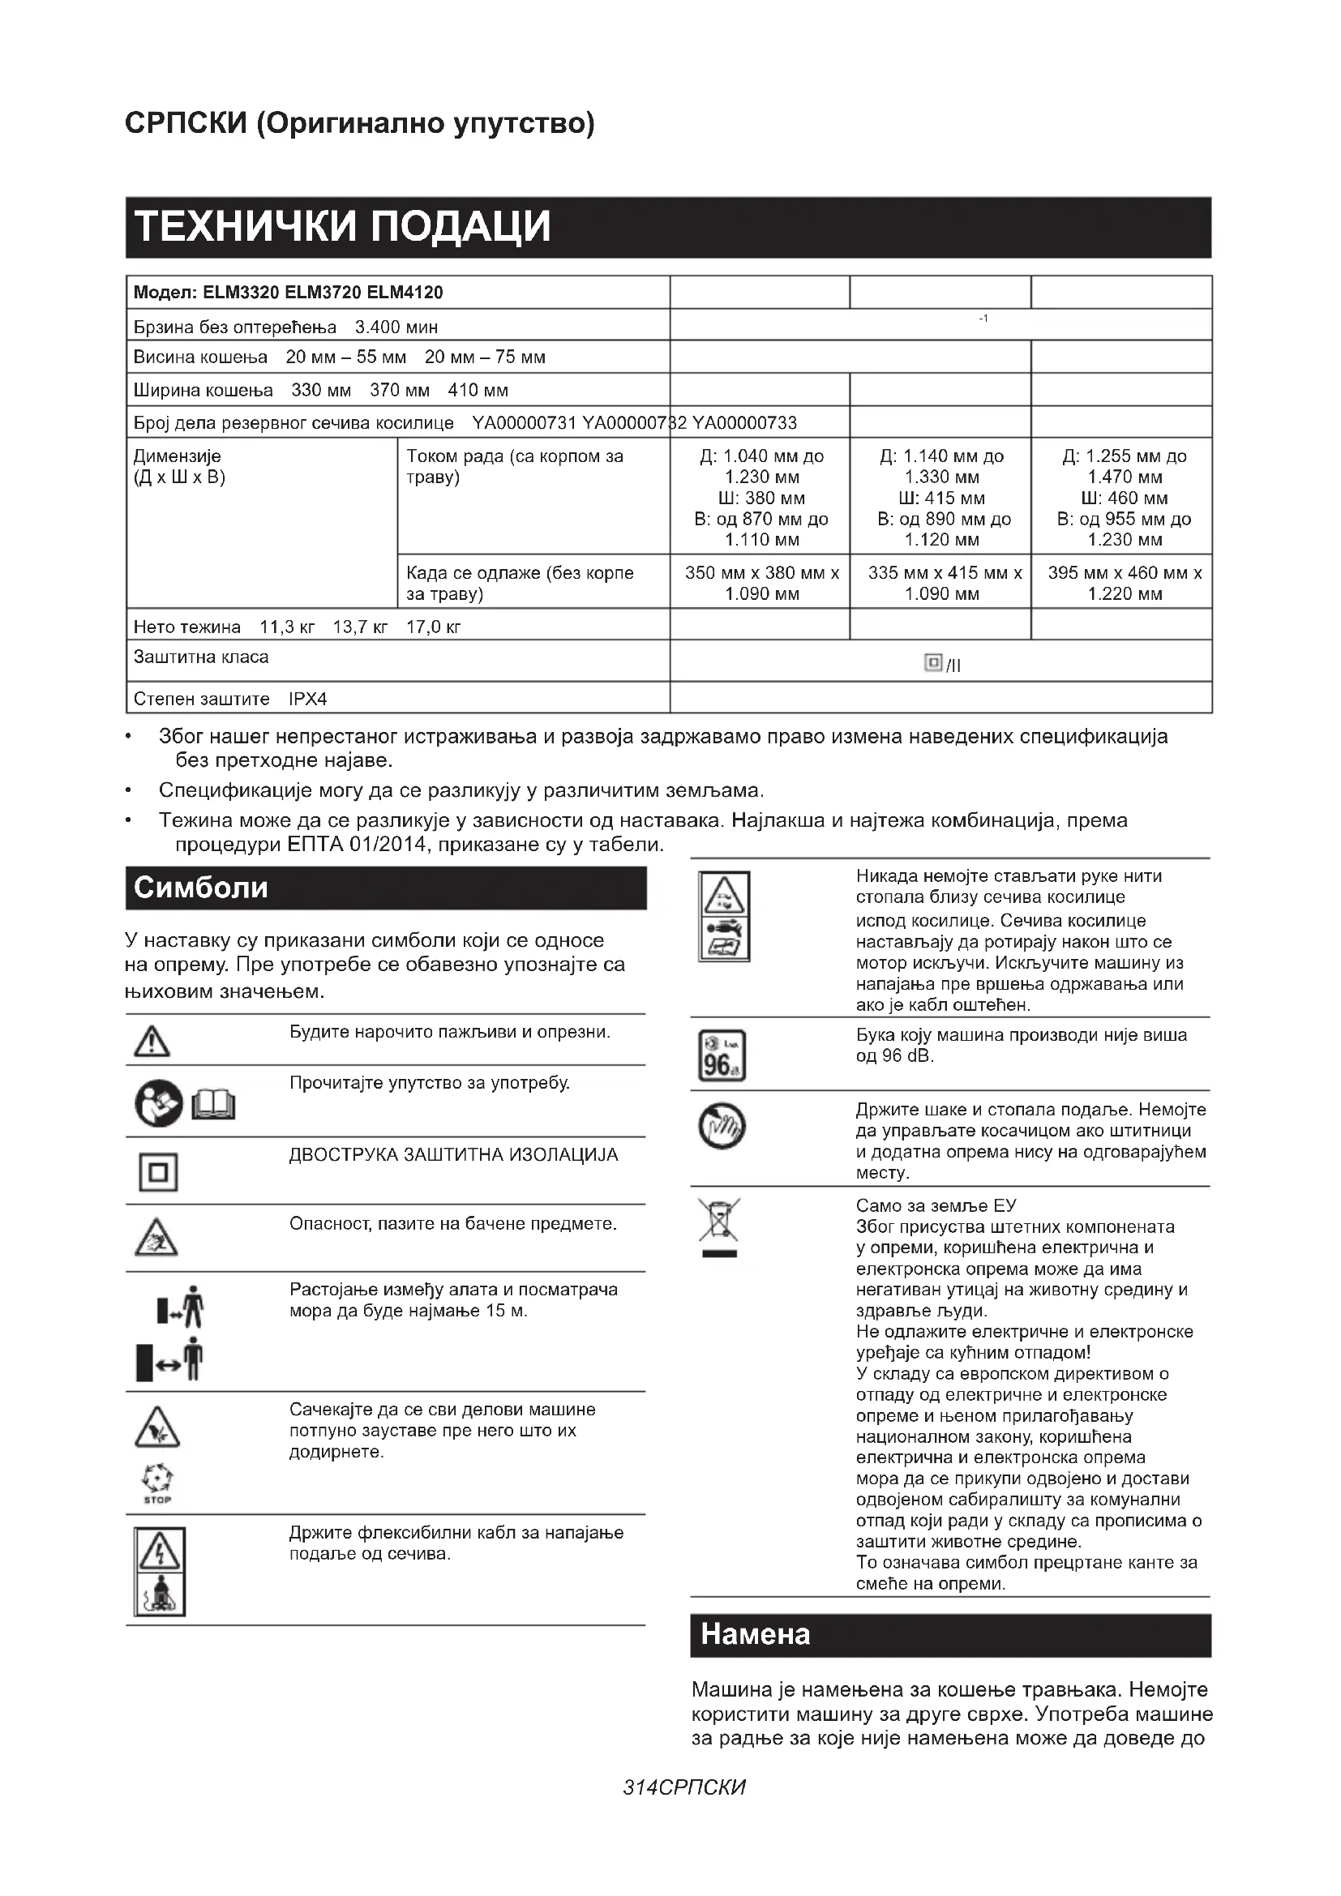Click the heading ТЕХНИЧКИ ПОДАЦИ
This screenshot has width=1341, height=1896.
(342, 226)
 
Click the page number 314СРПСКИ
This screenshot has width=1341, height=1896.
(683, 1787)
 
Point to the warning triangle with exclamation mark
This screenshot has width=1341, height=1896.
(152, 1042)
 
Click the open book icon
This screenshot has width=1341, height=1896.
(214, 1104)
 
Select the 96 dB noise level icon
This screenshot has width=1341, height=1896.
(722, 1055)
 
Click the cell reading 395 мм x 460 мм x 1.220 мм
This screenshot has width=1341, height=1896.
(1125, 583)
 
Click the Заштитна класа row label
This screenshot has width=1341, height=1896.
(200, 657)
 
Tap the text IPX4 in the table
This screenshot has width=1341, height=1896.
(308, 700)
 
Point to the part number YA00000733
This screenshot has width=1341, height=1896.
(744, 424)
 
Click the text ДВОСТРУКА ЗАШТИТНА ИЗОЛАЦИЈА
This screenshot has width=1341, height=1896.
(453, 1154)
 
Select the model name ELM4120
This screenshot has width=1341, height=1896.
(405, 293)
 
